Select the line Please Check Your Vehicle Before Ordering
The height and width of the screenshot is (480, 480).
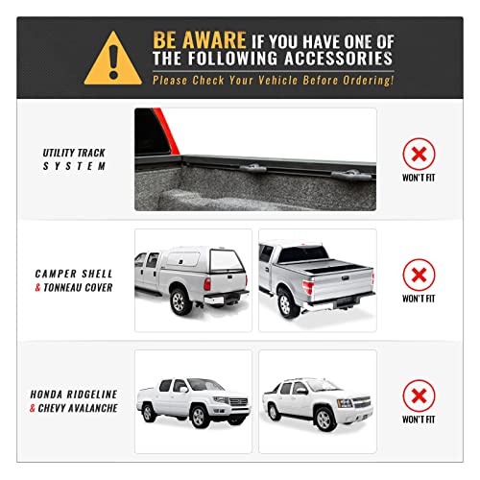(273, 80)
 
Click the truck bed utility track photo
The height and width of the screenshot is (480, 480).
(255, 159)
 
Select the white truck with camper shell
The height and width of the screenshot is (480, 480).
(193, 278)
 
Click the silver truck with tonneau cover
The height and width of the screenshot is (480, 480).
(317, 278)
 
